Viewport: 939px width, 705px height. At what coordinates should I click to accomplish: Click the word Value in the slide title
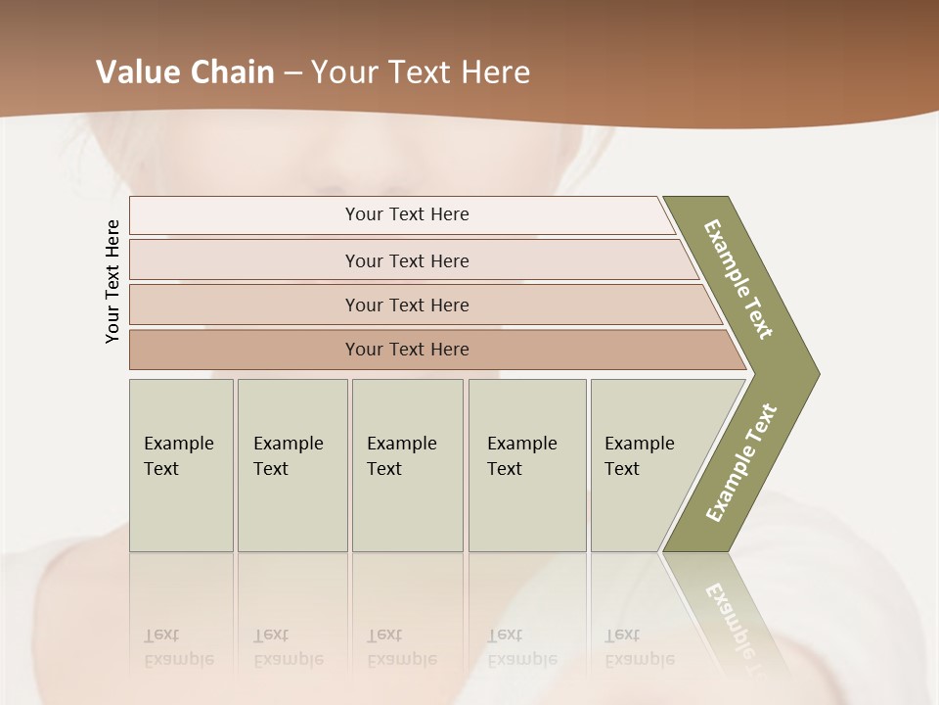[136, 72]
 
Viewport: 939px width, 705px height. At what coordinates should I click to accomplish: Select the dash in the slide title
[292, 73]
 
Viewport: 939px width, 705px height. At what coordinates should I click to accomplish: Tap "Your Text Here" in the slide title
[421, 72]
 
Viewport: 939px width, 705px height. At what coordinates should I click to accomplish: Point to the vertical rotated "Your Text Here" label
[112, 281]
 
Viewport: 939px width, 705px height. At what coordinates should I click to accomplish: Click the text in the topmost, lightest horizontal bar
[407, 214]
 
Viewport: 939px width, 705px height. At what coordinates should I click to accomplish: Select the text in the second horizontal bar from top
[407, 261]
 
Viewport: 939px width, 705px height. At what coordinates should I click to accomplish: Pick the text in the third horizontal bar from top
[407, 305]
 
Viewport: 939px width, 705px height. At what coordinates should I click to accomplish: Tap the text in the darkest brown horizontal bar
[407, 350]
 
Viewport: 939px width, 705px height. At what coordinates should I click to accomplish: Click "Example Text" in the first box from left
[178, 456]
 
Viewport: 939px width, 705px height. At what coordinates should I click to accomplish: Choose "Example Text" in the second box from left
[288, 456]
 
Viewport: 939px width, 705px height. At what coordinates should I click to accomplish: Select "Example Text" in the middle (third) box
[401, 456]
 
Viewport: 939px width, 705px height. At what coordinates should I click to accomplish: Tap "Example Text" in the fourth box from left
[521, 456]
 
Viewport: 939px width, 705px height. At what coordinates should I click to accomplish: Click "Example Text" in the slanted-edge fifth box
[639, 456]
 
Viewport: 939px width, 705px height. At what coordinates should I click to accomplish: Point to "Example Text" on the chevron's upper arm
[738, 279]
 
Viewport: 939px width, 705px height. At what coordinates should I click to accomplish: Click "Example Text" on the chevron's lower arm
[741, 463]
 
